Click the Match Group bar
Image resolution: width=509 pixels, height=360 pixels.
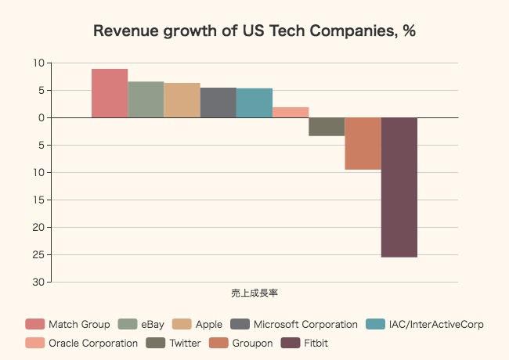pyautogui.click(x=110, y=93)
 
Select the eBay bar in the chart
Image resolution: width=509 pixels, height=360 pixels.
pyautogui.click(x=146, y=99)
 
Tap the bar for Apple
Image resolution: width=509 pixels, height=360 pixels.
pyautogui.click(x=182, y=100)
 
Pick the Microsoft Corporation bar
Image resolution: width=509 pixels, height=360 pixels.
pyautogui.click(x=218, y=103)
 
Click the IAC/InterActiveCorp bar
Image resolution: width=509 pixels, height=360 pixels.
pyautogui.click(x=254, y=103)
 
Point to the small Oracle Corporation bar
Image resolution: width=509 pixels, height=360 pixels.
pyautogui.click(x=291, y=112)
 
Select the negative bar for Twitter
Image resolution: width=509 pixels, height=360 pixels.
pyautogui.click(x=327, y=127)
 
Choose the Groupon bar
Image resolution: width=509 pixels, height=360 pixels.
pyautogui.click(x=363, y=143)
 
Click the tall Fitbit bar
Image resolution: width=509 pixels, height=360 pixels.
pyautogui.click(x=399, y=187)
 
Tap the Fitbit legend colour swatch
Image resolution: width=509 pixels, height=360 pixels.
pyautogui.click(x=291, y=343)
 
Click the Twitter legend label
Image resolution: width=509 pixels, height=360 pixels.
pyautogui.click(x=185, y=343)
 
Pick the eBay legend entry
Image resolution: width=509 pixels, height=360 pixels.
pyautogui.click(x=153, y=324)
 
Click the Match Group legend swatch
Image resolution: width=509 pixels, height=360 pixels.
pyautogui.click(x=35, y=324)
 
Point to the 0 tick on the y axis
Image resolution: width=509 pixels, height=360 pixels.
pyautogui.click(x=40, y=117)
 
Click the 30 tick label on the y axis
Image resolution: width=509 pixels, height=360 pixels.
pyautogui.click(x=38, y=282)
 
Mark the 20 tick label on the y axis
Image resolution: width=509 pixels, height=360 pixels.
pyautogui.click(x=38, y=227)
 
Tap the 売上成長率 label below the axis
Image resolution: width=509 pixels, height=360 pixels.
pyautogui.click(x=254, y=293)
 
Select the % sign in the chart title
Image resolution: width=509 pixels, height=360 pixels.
pyautogui.click(x=409, y=31)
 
